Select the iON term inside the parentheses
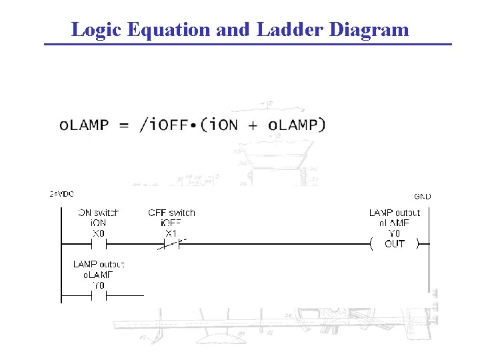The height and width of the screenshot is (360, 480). pos(223,125)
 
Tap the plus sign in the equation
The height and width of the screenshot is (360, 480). pos(254,125)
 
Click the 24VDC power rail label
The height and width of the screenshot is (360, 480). pos(61,194)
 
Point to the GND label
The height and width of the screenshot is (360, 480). pos(422,196)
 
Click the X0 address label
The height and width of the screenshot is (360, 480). pos(98,233)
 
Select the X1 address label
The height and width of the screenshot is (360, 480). pos(171,233)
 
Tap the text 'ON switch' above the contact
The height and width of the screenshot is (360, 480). pos(98,213)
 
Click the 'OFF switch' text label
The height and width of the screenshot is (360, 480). pos(171,213)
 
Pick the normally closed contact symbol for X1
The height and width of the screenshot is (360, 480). pos(171,244)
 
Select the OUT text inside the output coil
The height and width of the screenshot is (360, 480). pos(395,244)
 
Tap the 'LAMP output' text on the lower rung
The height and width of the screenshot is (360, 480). pos(98,265)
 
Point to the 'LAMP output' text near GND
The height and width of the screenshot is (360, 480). pos(395,213)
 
